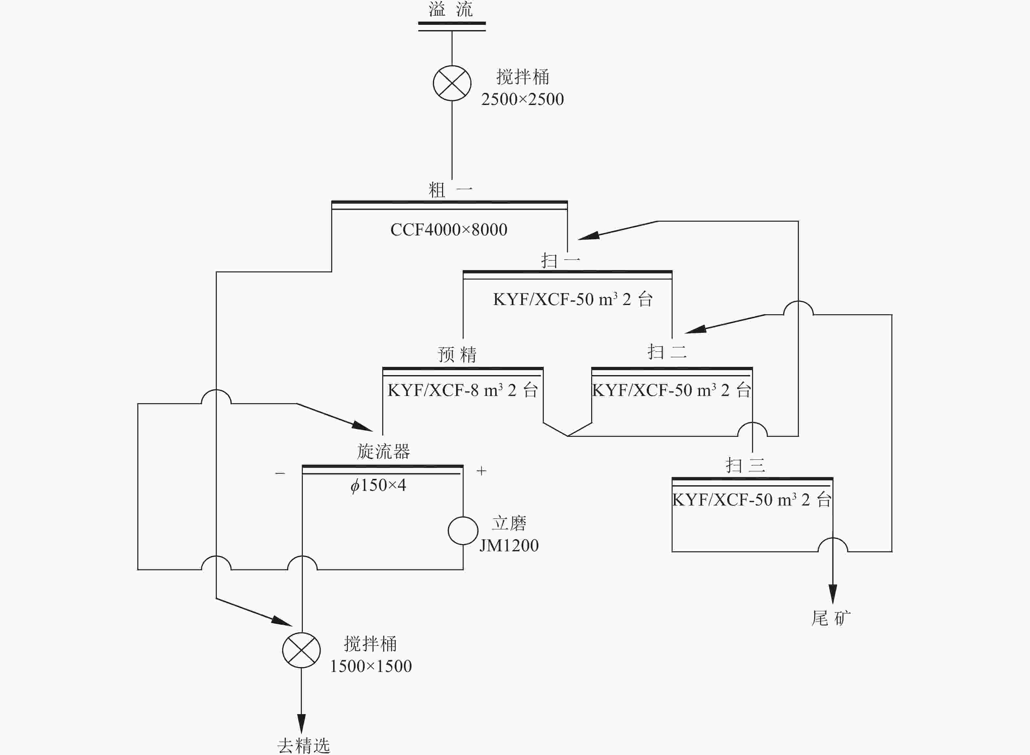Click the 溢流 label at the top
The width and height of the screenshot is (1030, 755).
coord(451,9)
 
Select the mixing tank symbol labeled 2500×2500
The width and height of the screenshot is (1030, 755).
coord(452,83)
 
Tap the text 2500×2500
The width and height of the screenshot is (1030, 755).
coord(522,99)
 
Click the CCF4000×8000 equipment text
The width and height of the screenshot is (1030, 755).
coord(449,230)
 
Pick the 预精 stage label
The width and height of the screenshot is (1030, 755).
coord(457,354)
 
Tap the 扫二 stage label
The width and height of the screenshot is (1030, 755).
coord(667,352)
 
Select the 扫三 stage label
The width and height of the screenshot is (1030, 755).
coord(745,465)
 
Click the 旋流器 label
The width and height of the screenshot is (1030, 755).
coord(384,452)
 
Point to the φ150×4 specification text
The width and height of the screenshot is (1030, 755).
coord(378,485)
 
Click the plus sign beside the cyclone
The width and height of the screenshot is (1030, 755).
coord(481,471)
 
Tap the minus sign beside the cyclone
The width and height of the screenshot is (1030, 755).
coord(280,473)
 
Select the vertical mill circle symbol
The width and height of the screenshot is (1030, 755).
coord(463,531)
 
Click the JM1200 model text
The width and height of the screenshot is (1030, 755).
coord(509,546)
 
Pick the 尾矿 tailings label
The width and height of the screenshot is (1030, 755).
coord(831,618)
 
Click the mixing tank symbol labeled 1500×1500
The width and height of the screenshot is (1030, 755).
coord(301,650)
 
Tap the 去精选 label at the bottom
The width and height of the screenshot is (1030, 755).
coord(303,746)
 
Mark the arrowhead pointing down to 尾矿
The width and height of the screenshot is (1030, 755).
coord(833,594)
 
